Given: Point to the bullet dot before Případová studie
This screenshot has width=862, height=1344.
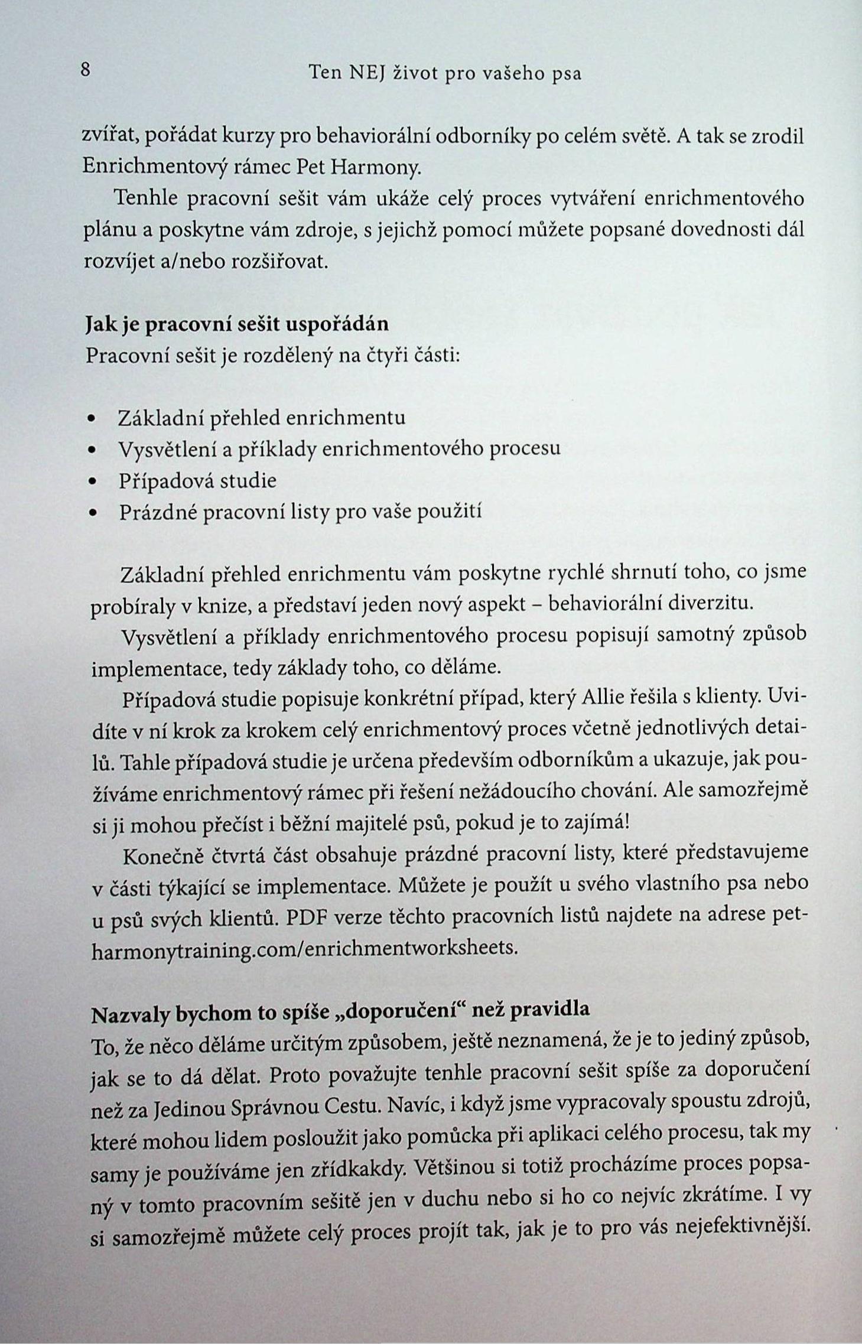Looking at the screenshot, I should point(91,481).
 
